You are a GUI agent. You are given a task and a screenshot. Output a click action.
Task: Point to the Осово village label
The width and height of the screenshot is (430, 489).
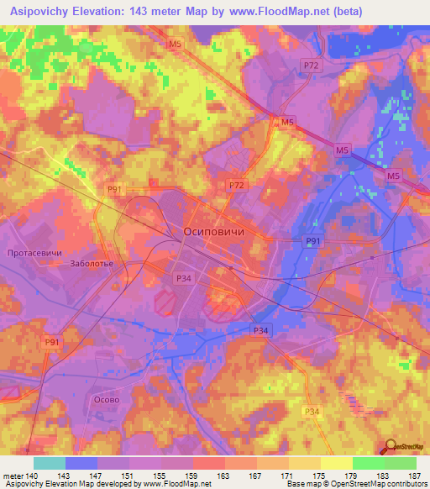click(x=106, y=400)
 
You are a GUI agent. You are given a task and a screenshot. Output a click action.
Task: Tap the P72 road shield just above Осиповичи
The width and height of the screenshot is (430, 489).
click(x=236, y=184)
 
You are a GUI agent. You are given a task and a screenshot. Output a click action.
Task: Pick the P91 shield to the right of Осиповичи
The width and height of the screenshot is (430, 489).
click(x=312, y=242)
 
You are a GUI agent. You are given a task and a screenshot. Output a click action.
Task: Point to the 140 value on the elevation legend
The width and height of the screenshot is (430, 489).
click(x=29, y=475)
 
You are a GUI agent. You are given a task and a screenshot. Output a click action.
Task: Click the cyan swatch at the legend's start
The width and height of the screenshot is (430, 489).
click(x=50, y=463)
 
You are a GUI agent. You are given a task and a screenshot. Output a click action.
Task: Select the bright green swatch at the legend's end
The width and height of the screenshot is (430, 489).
click(x=401, y=463)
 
